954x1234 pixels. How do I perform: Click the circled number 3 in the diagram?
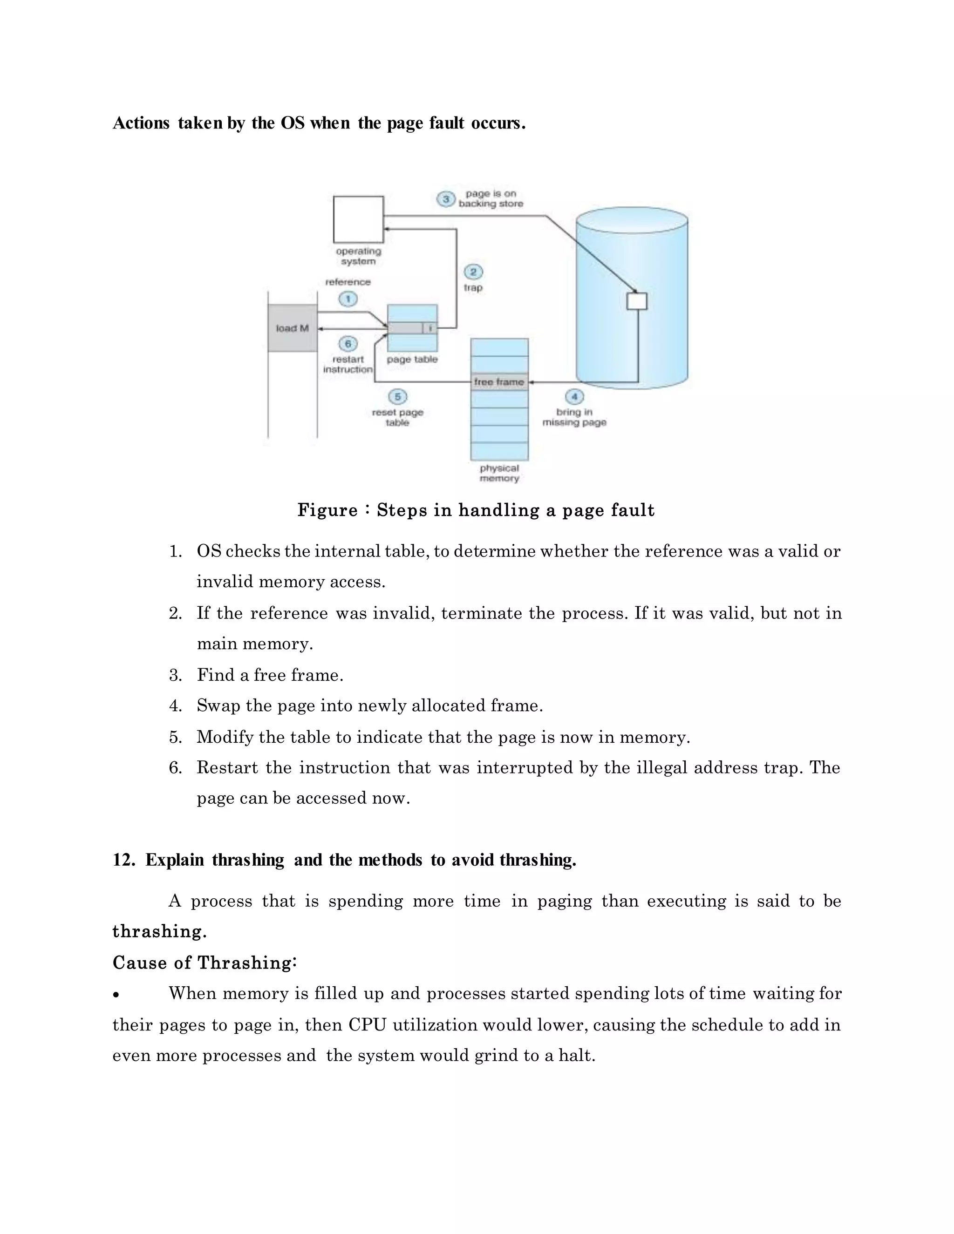(x=445, y=199)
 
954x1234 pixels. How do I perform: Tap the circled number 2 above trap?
(x=473, y=272)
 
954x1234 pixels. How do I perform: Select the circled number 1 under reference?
(x=348, y=299)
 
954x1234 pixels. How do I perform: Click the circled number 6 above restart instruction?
(x=348, y=344)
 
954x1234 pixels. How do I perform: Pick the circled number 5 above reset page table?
(x=397, y=397)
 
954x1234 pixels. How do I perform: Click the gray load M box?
(x=292, y=328)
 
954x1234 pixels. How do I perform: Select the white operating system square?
(x=358, y=219)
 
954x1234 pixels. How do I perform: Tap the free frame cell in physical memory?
(x=499, y=382)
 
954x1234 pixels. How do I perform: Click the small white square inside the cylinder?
(x=637, y=301)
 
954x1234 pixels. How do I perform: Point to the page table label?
(x=412, y=359)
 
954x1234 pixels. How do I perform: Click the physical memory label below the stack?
(x=499, y=474)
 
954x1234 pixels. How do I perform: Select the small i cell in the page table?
(x=430, y=328)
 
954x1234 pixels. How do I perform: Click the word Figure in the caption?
(x=327, y=510)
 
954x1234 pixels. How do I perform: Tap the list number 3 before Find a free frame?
(x=175, y=675)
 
